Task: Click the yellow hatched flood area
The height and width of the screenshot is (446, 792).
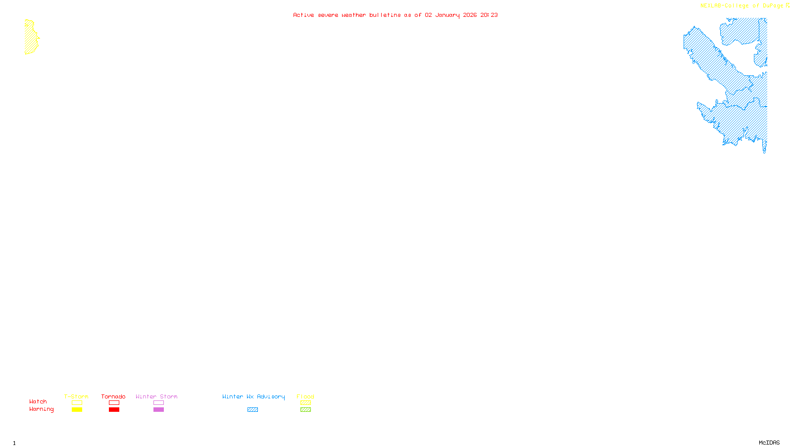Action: [31, 38]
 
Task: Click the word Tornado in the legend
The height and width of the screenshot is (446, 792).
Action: [113, 396]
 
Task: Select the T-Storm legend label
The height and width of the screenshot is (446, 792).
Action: [76, 396]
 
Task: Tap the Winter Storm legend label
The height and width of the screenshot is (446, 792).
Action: [156, 396]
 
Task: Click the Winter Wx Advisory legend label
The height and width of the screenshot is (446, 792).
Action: [253, 396]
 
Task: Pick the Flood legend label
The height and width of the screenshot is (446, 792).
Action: [305, 396]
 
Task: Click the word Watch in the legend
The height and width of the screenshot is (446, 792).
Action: [38, 401]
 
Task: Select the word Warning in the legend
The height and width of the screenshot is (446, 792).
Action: [41, 409]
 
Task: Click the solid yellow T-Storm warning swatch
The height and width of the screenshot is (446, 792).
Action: [77, 410]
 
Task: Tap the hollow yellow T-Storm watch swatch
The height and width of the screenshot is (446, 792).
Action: [77, 403]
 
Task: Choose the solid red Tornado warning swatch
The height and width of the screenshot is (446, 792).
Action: [114, 410]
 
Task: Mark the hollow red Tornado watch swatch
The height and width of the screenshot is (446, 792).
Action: [114, 403]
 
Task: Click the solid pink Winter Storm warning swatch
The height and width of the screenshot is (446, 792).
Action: [158, 410]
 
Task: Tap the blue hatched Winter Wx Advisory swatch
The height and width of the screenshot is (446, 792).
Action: [252, 410]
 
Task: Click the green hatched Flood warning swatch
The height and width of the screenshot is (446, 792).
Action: [305, 410]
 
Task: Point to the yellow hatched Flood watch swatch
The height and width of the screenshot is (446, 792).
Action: [305, 403]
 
